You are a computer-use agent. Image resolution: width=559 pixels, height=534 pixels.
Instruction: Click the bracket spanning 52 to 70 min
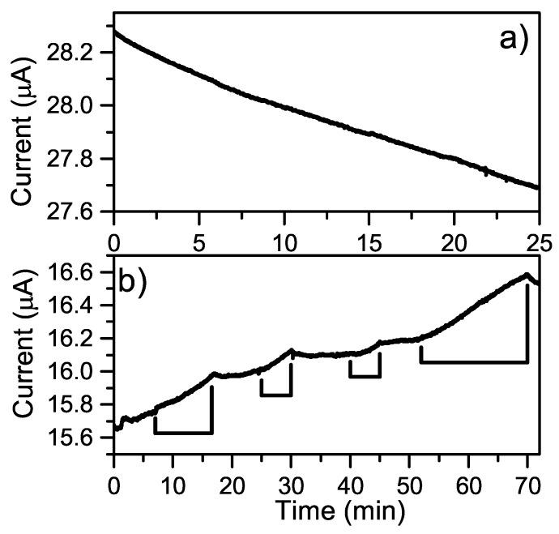coord(474,362)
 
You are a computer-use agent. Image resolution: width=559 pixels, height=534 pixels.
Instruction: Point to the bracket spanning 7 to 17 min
coord(183,433)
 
